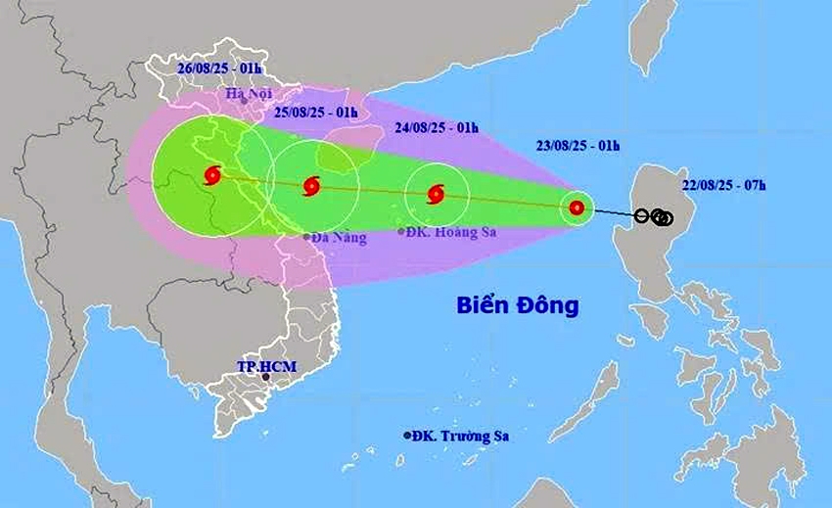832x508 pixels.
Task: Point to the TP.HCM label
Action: pyautogui.click(x=266, y=366)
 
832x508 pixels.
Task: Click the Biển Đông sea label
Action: pyautogui.click(x=518, y=305)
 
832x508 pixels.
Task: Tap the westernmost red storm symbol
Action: pyautogui.click(x=212, y=176)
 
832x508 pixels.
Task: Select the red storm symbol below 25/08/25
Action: pyautogui.click(x=312, y=185)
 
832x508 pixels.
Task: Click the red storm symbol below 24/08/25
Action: pyautogui.click(x=436, y=194)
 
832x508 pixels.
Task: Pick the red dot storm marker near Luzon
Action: pyautogui.click(x=577, y=208)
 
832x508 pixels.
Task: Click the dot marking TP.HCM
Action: pyautogui.click(x=265, y=377)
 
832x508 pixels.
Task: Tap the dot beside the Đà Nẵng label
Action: pyautogui.click(x=306, y=237)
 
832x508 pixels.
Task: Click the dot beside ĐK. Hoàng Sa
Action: pyautogui.click(x=401, y=232)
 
